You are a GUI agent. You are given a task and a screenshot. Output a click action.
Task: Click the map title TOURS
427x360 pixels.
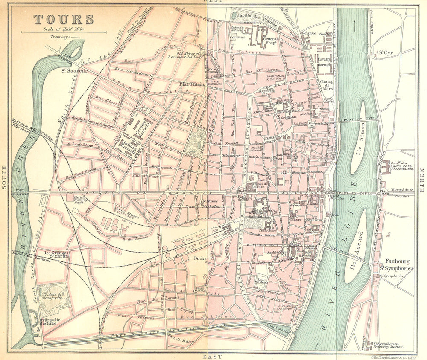point(64,19)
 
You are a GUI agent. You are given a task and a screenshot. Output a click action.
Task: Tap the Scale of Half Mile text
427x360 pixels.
point(63,29)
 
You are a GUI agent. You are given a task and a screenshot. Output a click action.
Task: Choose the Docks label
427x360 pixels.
point(199,258)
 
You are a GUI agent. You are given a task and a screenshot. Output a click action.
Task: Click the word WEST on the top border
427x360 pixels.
point(212,2)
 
